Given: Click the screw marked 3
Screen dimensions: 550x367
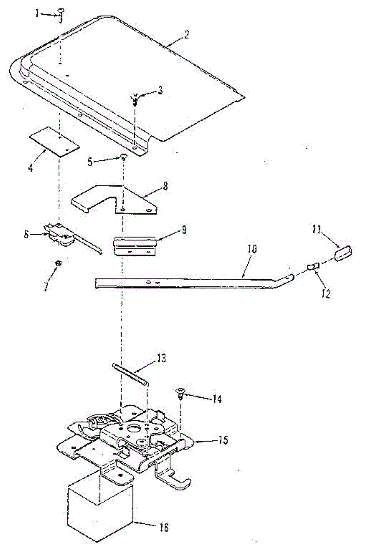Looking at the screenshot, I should point(135,99).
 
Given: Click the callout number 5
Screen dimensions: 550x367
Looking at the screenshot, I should point(90,161).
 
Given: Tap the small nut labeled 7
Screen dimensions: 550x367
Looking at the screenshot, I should point(58,263).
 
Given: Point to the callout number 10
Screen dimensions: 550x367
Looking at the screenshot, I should point(253,250).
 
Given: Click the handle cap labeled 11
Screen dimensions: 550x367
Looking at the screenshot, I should point(343,253).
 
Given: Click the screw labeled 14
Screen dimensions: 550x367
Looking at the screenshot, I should point(181,392).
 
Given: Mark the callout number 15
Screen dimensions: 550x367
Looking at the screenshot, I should point(223,441).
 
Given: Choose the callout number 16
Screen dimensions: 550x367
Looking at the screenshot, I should point(163,528).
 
